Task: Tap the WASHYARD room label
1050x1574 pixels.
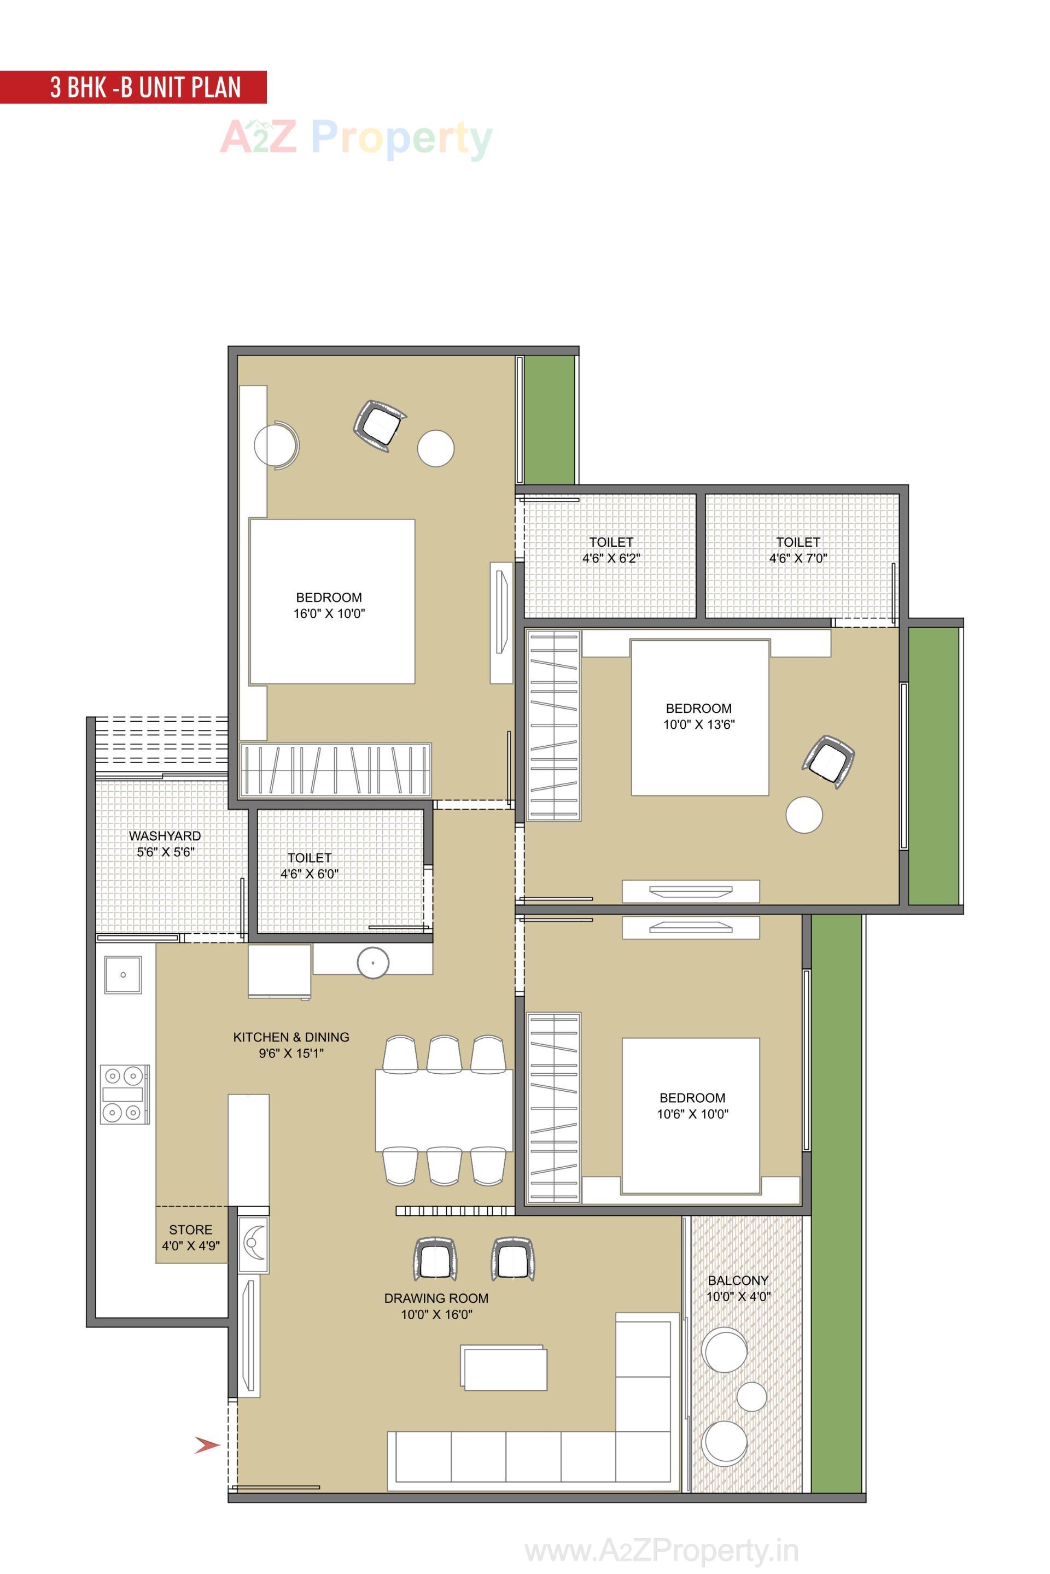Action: click(165, 836)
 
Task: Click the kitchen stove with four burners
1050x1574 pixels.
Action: click(125, 1094)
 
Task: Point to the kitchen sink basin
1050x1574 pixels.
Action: click(123, 975)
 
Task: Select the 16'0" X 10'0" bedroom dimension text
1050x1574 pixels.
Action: click(329, 614)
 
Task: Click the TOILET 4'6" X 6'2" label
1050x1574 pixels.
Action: click(611, 551)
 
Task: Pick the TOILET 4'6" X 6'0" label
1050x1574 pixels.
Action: click(310, 865)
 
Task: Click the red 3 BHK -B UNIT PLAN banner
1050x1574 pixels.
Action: click(134, 87)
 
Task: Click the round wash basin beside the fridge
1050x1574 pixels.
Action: click(373, 963)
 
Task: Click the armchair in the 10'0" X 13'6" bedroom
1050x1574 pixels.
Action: click(829, 761)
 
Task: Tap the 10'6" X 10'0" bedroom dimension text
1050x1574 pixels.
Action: click(692, 1114)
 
